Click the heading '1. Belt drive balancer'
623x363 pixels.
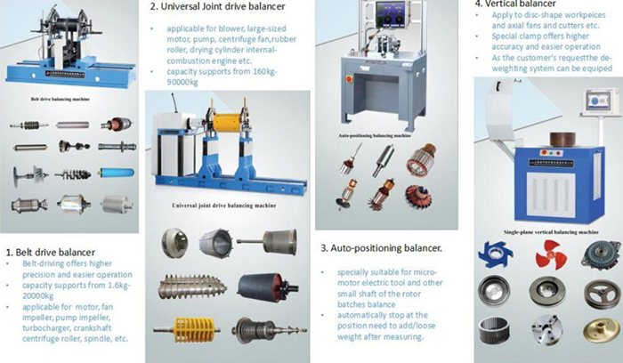[51, 252]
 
